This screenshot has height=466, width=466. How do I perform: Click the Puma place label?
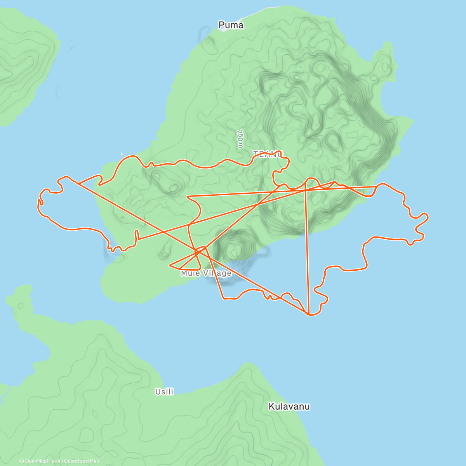click(231, 25)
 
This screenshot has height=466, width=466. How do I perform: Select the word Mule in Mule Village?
click(190, 273)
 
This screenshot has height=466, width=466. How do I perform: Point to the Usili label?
click(164, 392)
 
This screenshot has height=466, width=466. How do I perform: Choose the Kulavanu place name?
click(289, 407)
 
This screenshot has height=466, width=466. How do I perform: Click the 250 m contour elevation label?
click(240, 139)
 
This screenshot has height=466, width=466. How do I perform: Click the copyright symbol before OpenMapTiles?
click(22, 461)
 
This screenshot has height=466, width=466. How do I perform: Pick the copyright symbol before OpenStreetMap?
click(61, 461)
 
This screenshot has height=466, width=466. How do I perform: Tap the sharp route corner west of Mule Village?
click(170, 266)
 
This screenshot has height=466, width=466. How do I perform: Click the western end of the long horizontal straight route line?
click(187, 196)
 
